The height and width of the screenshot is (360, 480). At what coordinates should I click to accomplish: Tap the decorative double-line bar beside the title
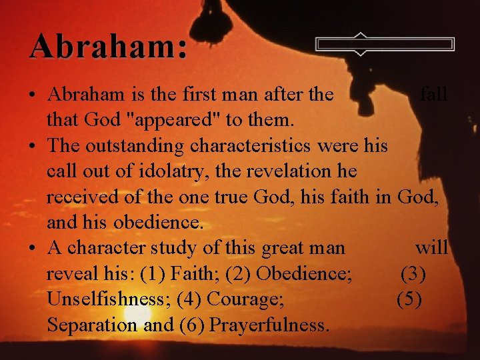(x=385, y=44)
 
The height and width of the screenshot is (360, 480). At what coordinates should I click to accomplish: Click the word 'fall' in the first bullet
(x=433, y=95)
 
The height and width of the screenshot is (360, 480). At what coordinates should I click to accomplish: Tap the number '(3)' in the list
(x=413, y=274)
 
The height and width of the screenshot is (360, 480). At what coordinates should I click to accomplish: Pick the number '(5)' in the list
(x=409, y=299)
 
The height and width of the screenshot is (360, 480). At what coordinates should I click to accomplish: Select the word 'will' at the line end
(x=431, y=248)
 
